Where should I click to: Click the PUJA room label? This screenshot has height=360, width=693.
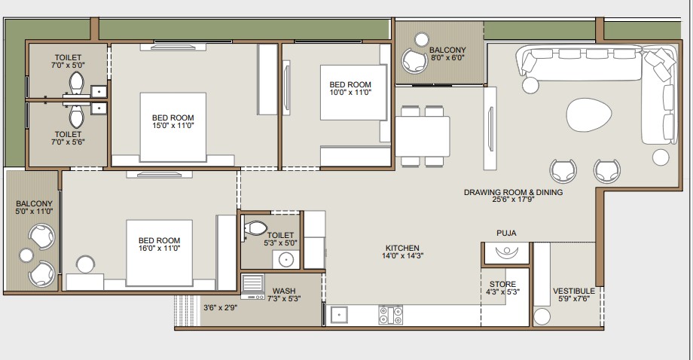[x=506, y=233]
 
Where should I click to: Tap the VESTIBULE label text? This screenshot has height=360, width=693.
[x=574, y=291]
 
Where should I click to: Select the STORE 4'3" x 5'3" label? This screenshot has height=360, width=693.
[x=502, y=288]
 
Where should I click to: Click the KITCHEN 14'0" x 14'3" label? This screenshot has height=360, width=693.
[x=402, y=252]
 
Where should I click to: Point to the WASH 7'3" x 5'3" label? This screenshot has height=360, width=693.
[x=284, y=294]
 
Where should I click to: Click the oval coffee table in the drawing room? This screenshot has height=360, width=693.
[x=589, y=114]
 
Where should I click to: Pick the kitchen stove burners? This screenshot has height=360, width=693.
[x=391, y=315]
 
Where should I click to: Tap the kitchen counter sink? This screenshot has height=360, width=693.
[x=339, y=315]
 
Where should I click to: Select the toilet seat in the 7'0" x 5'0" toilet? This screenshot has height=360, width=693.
[x=77, y=82]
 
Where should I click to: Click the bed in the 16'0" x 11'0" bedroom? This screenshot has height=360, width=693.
[x=159, y=253]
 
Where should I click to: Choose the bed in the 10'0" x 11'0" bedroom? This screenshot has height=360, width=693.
[x=353, y=93]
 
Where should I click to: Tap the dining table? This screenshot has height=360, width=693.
[x=423, y=136]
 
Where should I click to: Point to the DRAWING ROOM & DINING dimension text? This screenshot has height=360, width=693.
[x=513, y=200]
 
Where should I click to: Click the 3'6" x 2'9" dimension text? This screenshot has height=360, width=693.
[x=220, y=307]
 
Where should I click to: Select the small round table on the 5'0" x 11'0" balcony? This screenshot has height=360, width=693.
[x=26, y=255]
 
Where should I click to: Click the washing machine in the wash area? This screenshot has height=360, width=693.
[x=253, y=287]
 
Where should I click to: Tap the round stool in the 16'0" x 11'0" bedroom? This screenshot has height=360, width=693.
[x=85, y=264]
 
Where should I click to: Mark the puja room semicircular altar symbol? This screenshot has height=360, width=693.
[x=506, y=252]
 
